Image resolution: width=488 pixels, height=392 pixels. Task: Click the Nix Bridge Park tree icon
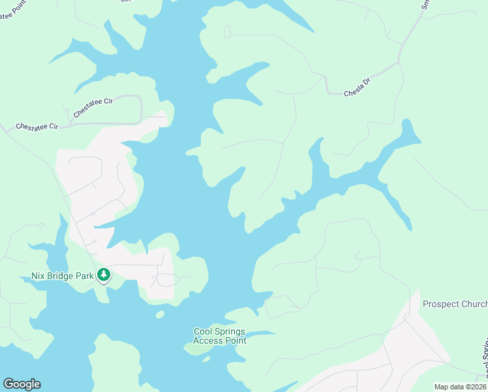103,275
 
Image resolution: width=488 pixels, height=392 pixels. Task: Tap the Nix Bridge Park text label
63,276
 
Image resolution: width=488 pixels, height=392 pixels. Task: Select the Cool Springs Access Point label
220,336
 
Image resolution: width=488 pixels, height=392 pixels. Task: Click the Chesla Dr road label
357,89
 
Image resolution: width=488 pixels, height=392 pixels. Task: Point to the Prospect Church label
455,304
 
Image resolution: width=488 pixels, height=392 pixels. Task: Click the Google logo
22,384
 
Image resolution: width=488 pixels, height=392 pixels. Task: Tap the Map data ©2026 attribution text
460,387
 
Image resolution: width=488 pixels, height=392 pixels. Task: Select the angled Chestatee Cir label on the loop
93,108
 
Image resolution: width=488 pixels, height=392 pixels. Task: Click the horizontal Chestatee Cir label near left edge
37,125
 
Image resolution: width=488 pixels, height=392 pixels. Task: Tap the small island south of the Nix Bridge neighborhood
160,314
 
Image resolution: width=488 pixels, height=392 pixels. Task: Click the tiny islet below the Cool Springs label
206,359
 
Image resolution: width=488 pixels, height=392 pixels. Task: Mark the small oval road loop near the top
227,31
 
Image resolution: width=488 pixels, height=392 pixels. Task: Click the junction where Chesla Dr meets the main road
399,63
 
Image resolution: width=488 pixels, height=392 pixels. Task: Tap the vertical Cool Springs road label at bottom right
485,359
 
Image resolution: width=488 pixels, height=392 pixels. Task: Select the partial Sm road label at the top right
425,5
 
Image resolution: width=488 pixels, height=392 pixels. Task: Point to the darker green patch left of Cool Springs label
194,347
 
